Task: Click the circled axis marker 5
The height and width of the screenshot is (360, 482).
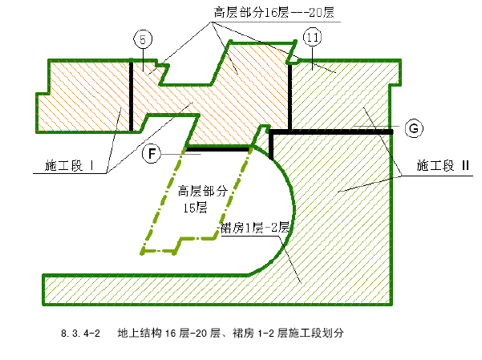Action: click(x=143, y=39)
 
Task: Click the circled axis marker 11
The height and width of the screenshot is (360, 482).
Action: click(x=312, y=37)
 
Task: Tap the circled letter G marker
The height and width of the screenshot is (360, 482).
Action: click(x=414, y=128)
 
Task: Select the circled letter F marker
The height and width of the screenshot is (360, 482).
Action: click(x=152, y=153)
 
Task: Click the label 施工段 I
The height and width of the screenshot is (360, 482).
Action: click(x=69, y=166)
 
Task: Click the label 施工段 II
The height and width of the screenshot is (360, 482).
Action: click(x=443, y=165)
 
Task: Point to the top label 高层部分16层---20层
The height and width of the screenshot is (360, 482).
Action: click(x=274, y=13)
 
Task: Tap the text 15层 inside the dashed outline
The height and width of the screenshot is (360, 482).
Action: click(x=195, y=208)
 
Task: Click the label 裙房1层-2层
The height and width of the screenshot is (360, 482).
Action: click(x=255, y=228)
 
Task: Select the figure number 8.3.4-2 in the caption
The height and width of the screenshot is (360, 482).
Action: click(x=80, y=334)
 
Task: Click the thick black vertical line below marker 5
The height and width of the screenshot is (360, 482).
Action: click(x=132, y=95)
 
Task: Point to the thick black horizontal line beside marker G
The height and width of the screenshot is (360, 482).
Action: click(x=331, y=131)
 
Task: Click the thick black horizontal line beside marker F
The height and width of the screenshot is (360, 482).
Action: click(x=217, y=149)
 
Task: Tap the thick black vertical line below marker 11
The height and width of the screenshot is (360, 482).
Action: click(x=290, y=96)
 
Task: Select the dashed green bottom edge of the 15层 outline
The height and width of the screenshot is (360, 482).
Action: click(x=178, y=245)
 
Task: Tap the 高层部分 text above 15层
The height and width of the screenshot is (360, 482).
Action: click(x=202, y=191)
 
